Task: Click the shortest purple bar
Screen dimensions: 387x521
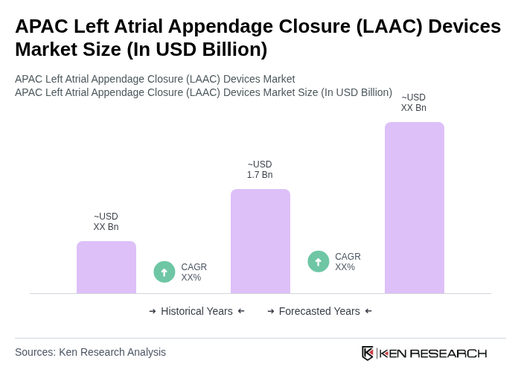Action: [106, 267]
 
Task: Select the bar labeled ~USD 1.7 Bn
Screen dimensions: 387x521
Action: [260, 241]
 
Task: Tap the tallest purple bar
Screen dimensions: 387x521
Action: [414, 208]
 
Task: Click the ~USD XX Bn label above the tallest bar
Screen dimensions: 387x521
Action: [414, 103]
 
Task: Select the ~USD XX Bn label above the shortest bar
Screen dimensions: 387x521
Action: [106, 222]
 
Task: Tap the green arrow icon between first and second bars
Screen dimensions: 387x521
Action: [164, 272]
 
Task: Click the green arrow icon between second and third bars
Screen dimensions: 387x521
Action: [319, 261]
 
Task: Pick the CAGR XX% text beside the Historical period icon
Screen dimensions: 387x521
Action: [194, 272]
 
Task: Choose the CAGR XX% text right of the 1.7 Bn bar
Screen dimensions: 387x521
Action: [348, 262]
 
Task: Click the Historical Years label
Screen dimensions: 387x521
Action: [196, 311]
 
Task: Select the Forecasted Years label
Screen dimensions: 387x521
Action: [319, 311]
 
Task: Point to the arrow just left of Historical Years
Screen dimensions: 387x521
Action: [153, 311]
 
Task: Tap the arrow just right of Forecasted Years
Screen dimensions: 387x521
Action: [368, 311]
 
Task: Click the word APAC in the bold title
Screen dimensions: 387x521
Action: [39, 26]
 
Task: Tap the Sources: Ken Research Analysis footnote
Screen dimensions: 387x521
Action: [90, 352]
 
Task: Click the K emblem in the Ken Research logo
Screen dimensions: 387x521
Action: [368, 353]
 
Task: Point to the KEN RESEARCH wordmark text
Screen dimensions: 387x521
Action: [433, 353]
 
